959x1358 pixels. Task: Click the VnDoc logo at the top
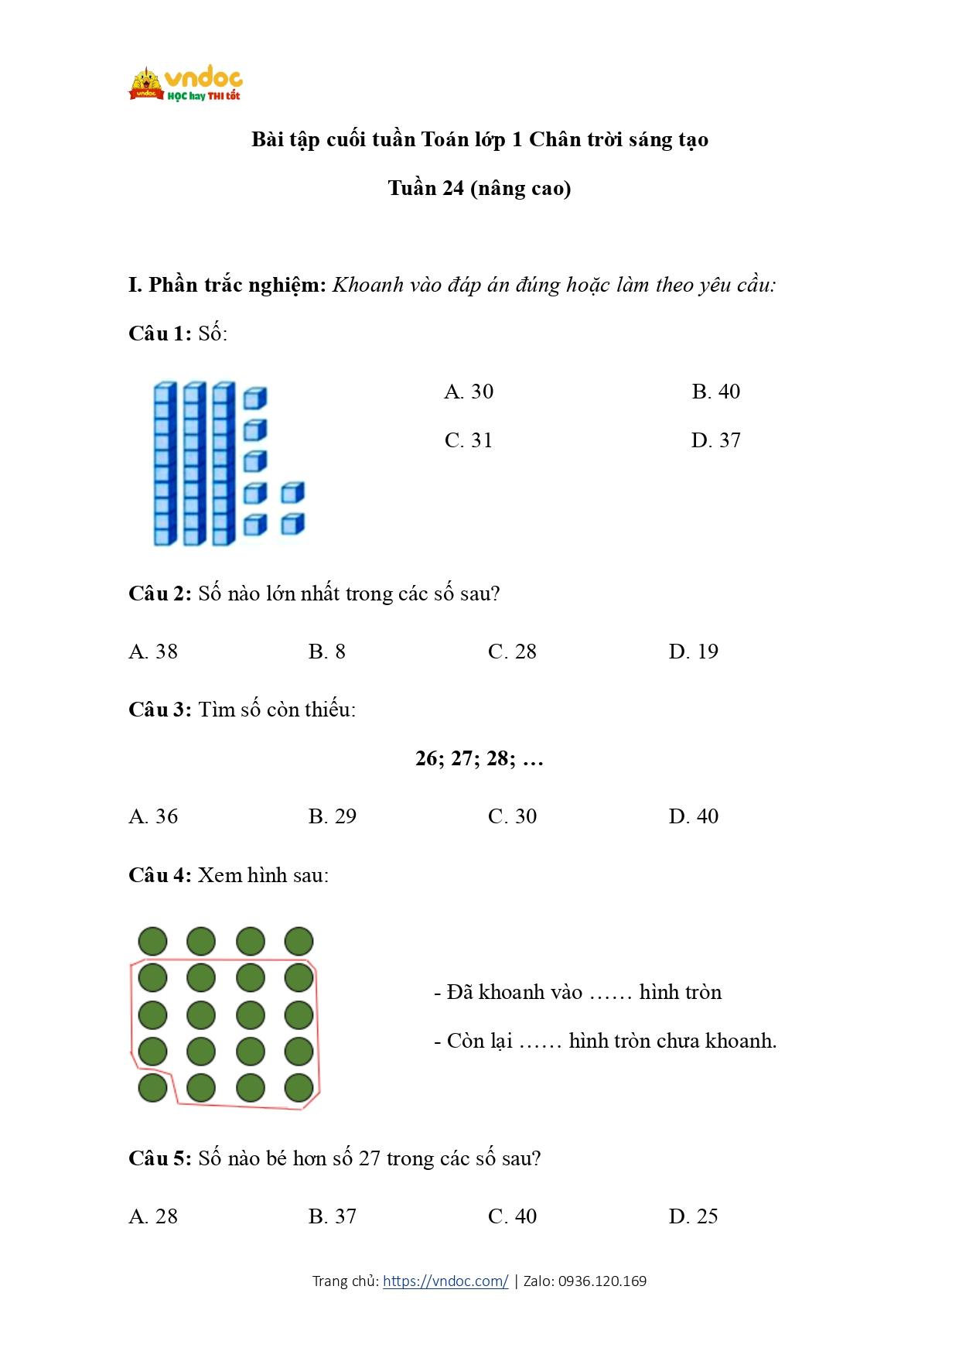[186, 84]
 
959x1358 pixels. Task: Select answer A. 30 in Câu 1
[469, 392]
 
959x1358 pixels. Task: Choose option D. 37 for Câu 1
[715, 440]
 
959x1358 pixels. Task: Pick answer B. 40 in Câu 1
[715, 392]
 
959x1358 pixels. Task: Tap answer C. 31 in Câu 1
[469, 440]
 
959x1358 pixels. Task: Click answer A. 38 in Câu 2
[153, 652]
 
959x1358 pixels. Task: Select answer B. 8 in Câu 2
[326, 652]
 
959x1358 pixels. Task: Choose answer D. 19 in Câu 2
[693, 652]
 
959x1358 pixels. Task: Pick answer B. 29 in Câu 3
[333, 816]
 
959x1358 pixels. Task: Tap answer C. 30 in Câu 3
[512, 816]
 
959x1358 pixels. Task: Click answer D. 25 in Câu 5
[693, 1216]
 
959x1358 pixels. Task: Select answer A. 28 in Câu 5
[153, 1216]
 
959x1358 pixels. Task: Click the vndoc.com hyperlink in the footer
[445, 1281]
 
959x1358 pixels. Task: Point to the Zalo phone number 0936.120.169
[602, 1281]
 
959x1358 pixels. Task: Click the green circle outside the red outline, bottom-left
[152, 1087]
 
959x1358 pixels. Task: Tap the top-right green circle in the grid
[299, 942]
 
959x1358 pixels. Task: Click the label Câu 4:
[159, 875]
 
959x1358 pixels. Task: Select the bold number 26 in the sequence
[427, 758]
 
